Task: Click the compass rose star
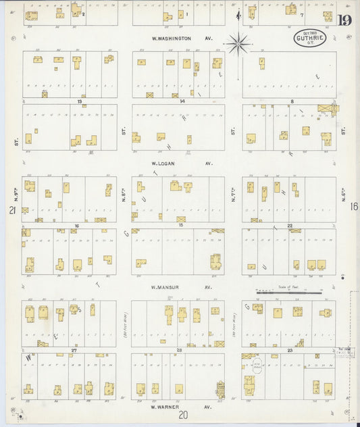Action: pyautogui.click(x=238, y=45)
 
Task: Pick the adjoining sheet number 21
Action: pyautogui.click(x=11, y=211)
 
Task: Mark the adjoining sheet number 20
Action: pyautogui.click(x=182, y=417)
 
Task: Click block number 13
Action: pyautogui.click(x=80, y=101)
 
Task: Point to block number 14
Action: pyautogui.click(x=182, y=101)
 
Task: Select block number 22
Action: pyautogui.click(x=289, y=225)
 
